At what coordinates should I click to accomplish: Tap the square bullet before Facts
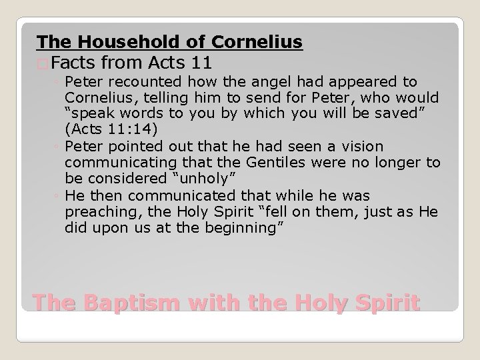tap(43, 65)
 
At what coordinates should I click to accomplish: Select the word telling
tap(157, 97)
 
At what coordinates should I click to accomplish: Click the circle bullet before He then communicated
tap(57, 197)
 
